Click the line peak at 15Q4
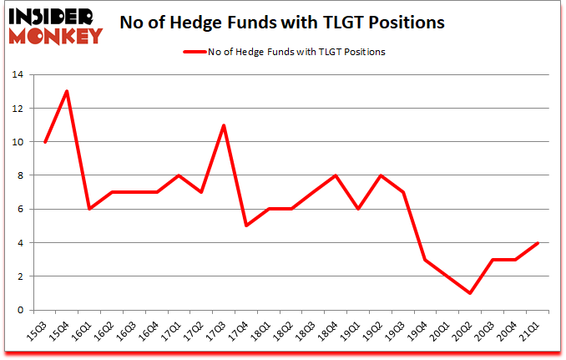pos(67,91)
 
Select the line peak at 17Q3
pos(224,125)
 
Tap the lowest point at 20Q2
pos(471,293)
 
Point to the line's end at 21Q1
pos(538,243)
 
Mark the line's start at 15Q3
pos(44,142)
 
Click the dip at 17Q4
pos(246,226)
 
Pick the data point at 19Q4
pos(426,260)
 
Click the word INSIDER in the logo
pos(52,15)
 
